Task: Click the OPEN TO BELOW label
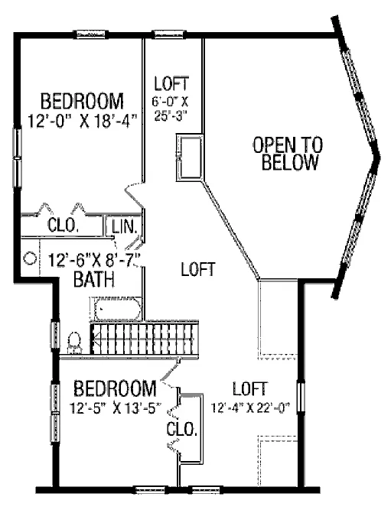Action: (x=288, y=154)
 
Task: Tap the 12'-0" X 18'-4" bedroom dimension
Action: (x=83, y=121)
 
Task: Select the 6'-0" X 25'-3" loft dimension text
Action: (x=171, y=108)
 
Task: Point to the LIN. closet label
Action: (x=125, y=227)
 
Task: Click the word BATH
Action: (x=94, y=279)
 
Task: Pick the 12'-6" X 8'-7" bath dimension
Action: (x=94, y=261)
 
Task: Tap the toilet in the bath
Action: (x=74, y=341)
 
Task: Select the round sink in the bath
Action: (x=30, y=258)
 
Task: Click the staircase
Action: (x=145, y=338)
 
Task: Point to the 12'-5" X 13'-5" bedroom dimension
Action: (x=116, y=408)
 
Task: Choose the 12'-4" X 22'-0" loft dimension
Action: (x=250, y=407)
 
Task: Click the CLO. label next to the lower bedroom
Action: (x=181, y=429)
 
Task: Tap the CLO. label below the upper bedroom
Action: (x=63, y=225)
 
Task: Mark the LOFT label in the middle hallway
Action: (x=198, y=269)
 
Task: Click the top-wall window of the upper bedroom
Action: (x=90, y=34)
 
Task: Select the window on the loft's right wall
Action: (x=301, y=398)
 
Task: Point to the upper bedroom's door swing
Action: (x=135, y=194)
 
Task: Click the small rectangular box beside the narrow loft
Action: (x=190, y=157)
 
